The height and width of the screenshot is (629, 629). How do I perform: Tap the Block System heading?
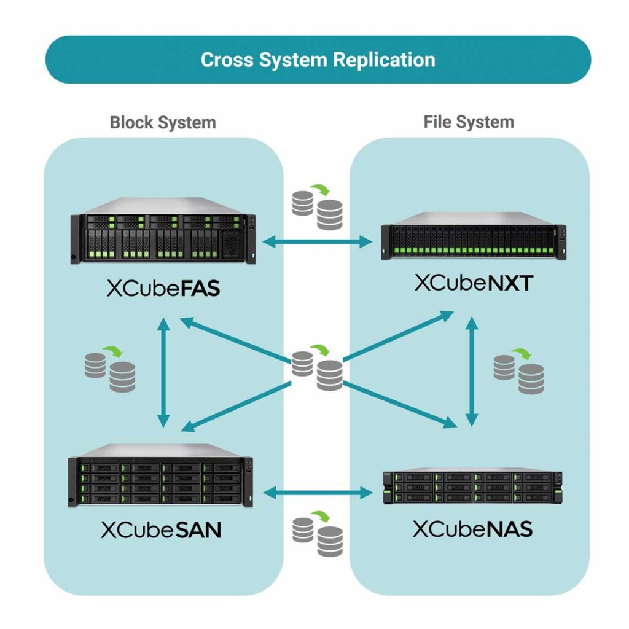click(x=163, y=122)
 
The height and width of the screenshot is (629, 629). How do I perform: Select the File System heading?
click(x=469, y=122)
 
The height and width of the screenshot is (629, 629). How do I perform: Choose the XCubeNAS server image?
click(x=472, y=488)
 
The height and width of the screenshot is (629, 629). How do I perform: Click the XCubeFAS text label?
click(x=163, y=288)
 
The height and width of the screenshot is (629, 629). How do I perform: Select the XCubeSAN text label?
click(x=161, y=529)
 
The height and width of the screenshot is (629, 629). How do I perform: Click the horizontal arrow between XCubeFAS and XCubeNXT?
click(x=317, y=242)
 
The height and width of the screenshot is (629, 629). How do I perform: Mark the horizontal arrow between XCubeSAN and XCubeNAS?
click(x=317, y=491)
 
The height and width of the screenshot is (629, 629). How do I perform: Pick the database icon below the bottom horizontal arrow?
click(x=317, y=533)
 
